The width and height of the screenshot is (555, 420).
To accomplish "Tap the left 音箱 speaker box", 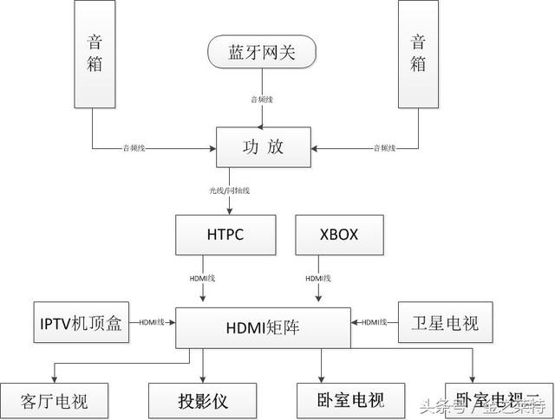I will [x=95, y=55].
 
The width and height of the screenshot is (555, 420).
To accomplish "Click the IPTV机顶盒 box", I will [x=82, y=321].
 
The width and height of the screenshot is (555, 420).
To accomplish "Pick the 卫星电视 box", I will [x=438, y=321].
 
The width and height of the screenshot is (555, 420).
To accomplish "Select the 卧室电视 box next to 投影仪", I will [x=338, y=401].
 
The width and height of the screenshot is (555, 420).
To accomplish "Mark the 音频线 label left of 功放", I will [x=134, y=149].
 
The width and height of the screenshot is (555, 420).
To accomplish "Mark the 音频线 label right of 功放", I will [x=383, y=149].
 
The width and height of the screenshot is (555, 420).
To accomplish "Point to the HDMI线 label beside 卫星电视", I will [x=374, y=322].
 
